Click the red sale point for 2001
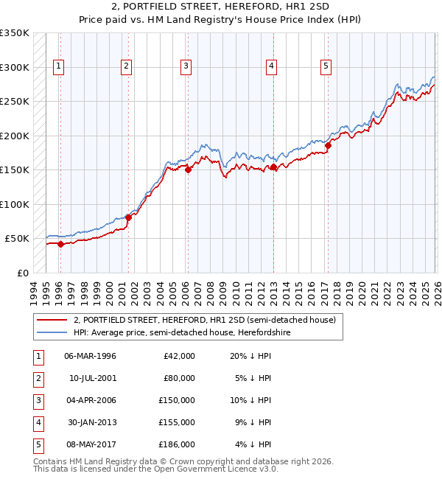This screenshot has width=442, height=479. point(128,217)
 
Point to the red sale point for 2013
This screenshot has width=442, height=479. point(273,167)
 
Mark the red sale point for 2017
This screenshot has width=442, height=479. point(329,146)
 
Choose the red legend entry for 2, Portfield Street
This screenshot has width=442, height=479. point(204,320)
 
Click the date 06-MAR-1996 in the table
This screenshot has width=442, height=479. point(90,356)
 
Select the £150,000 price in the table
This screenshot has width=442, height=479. point(177,400)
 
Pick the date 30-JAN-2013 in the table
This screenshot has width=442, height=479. point(90,422)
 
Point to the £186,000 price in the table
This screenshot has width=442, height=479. point(177,444)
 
